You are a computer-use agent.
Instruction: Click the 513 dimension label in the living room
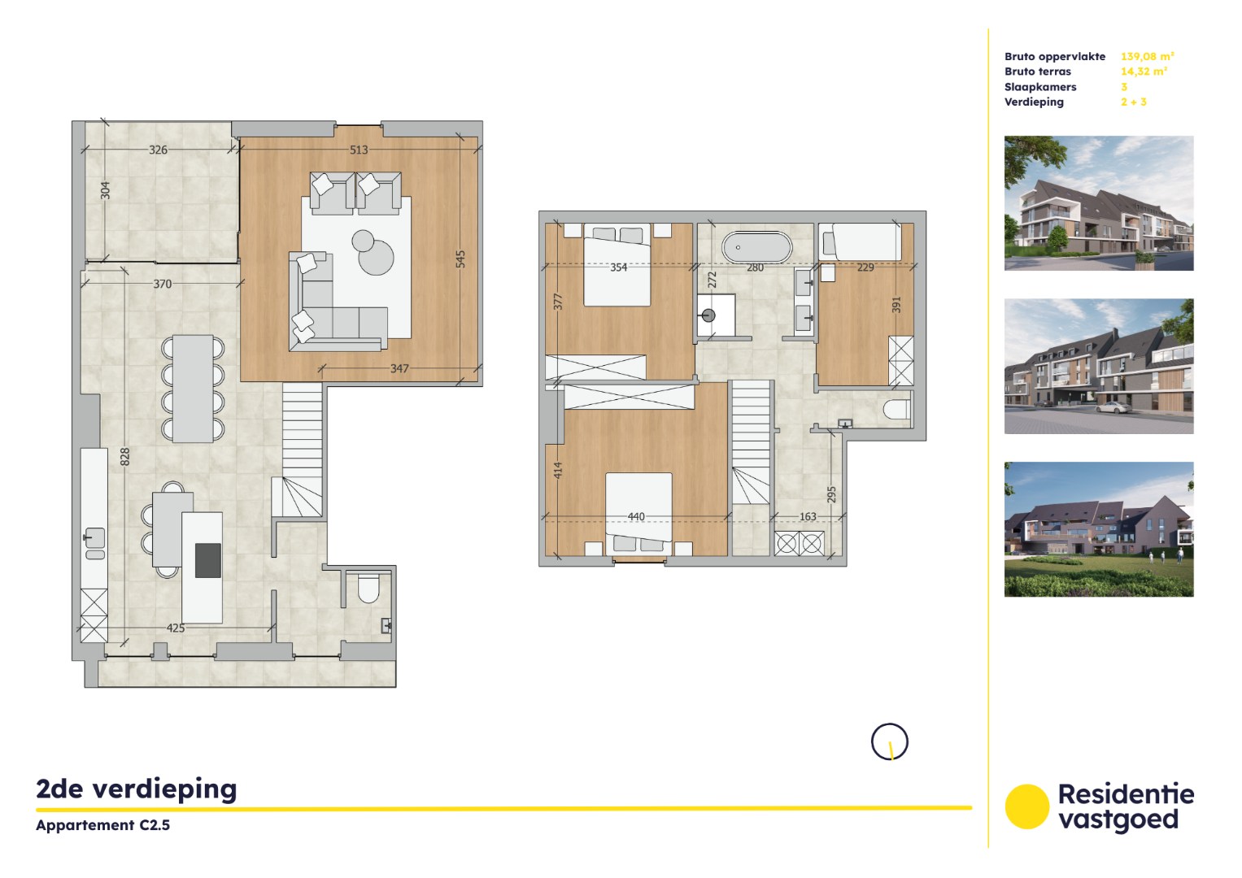point(359,150)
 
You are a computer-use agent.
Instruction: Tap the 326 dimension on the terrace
point(158,150)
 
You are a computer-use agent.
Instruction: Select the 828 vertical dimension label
point(125,457)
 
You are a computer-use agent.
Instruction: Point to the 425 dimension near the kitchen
point(176,628)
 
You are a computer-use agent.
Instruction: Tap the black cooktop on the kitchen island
point(208,559)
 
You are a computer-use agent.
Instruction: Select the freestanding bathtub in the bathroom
point(756,247)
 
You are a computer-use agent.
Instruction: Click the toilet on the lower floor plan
point(368,589)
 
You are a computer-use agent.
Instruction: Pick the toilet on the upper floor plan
point(897,409)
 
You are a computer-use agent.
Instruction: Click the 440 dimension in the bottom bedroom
point(636,516)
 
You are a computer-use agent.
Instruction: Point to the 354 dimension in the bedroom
point(618,267)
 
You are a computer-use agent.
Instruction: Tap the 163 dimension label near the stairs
point(808,516)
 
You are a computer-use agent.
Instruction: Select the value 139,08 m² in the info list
point(1147,56)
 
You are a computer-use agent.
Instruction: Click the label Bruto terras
point(1037,72)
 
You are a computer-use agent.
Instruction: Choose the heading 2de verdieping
point(137,789)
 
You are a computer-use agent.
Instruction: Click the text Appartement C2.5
point(103,825)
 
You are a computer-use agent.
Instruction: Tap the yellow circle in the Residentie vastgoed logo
point(1026,806)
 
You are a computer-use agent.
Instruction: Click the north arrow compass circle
point(889,742)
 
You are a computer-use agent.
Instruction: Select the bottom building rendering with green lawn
point(1099,529)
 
